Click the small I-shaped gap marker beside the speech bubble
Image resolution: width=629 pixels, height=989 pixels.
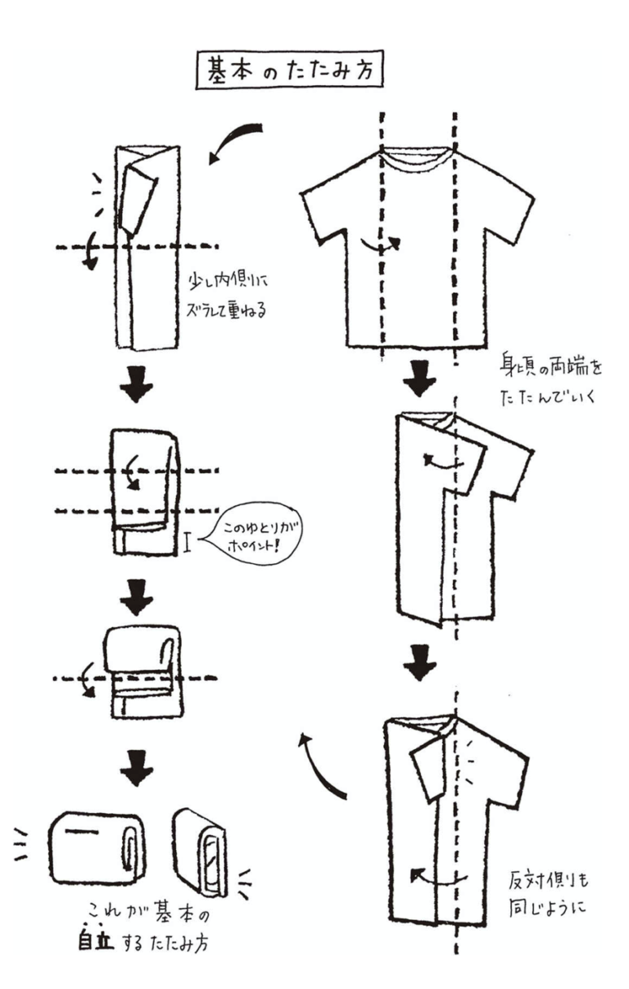coord(188,541)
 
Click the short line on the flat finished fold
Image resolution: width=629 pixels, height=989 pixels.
coord(81,832)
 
